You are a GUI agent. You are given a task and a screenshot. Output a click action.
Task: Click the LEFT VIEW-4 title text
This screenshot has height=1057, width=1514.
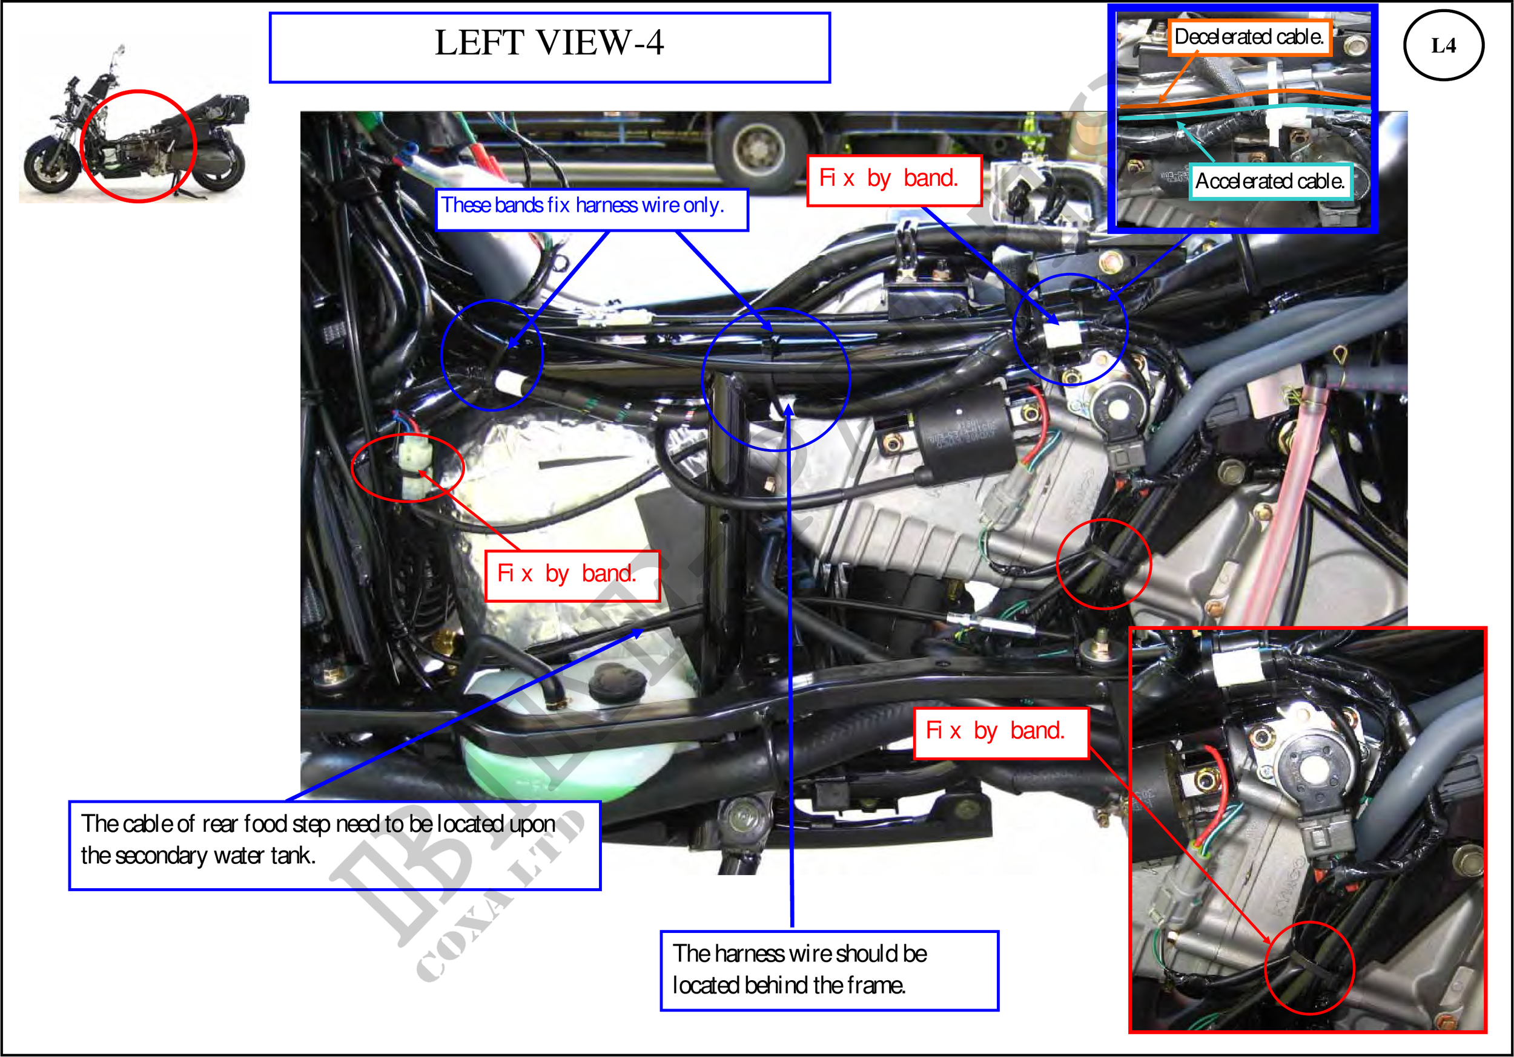[x=549, y=43]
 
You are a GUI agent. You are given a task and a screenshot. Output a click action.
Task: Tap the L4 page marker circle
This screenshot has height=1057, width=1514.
[x=1443, y=45]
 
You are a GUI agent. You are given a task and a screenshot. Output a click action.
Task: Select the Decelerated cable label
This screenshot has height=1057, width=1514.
[x=1249, y=37]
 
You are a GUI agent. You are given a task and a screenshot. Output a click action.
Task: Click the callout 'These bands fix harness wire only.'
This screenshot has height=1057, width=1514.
[x=592, y=209]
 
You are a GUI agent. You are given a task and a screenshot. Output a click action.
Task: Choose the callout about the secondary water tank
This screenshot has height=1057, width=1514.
[x=335, y=845]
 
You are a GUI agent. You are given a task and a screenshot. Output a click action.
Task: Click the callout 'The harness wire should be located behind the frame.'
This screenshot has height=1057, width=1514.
[x=830, y=970]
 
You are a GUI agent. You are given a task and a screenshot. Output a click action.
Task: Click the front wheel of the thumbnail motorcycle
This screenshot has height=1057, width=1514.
[x=50, y=168]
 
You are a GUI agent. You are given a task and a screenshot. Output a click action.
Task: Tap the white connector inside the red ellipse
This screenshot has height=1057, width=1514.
[x=414, y=468]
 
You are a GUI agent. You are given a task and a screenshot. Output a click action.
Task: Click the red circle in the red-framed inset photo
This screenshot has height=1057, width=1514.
[x=1309, y=967]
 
